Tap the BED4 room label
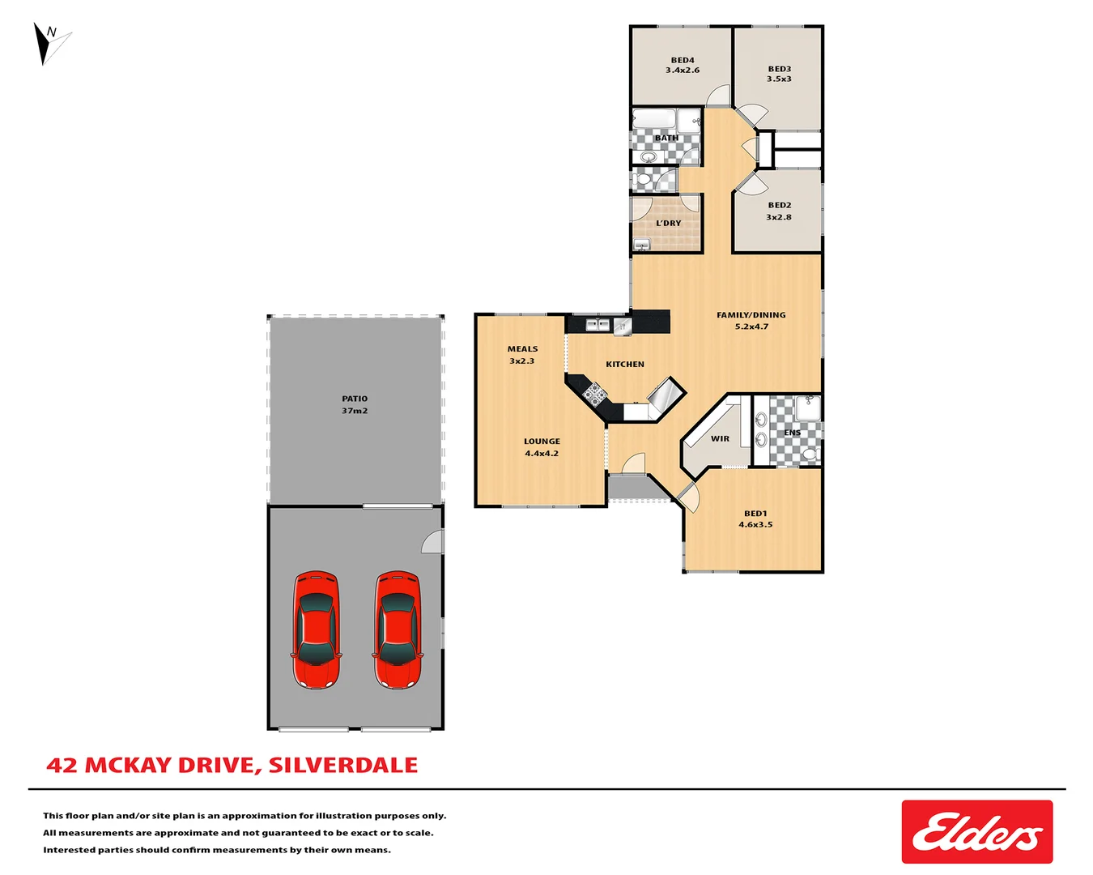[x=683, y=65]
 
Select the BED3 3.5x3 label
[x=779, y=74]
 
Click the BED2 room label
[x=779, y=211]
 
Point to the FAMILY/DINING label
[x=751, y=320]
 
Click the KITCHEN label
[x=625, y=364]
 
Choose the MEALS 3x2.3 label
[x=522, y=355]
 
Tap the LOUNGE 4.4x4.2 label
[x=542, y=447]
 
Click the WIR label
[x=720, y=438]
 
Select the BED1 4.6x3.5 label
[x=755, y=519]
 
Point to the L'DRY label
[x=669, y=223]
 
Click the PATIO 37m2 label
[x=355, y=404]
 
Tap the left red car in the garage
[x=316, y=630]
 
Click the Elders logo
[x=976, y=832]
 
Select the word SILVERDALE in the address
[x=343, y=765]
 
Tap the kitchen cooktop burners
[x=594, y=395]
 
